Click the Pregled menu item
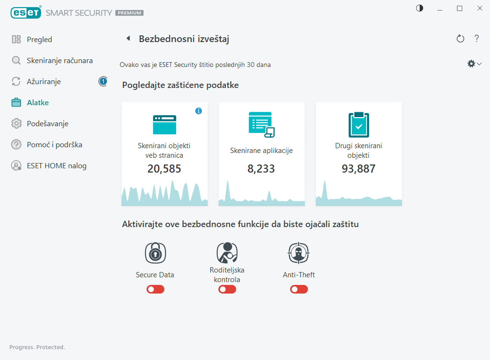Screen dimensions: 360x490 [x=39, y=40]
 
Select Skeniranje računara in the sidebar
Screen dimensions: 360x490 [x=59, y=61]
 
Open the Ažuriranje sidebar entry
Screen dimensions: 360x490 [x=44, y=82]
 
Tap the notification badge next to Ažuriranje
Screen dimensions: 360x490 [x=103, y=81]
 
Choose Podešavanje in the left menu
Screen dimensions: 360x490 [x=47, y=124]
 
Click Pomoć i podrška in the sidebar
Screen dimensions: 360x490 [x=51, y=145]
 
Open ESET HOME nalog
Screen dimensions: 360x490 [x=56, y=166]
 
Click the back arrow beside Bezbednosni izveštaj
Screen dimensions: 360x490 [x=128, y=39]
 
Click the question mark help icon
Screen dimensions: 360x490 [x=477, y=39]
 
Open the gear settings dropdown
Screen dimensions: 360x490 [x=474, y=64]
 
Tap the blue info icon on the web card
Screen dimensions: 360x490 [x=199, y=111]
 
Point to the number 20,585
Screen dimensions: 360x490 [x=164, y=169]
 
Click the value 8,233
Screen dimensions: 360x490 [x=261, y=169]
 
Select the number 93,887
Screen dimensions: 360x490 [x=358, y=169]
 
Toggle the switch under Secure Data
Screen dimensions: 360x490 [x=156, y=289]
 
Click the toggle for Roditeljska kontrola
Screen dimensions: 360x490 [x=227, y=289]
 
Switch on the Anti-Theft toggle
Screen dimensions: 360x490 [x=299, y=289]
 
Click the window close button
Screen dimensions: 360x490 [x=479, y=8]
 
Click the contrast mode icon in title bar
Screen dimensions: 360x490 [x=420, y=8]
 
